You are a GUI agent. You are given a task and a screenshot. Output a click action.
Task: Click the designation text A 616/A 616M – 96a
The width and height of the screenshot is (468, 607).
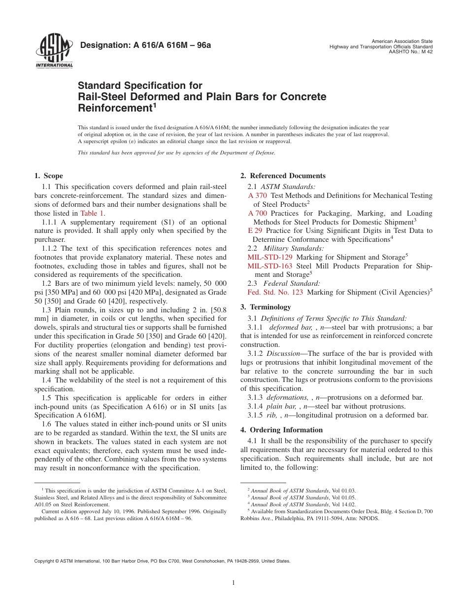click(x=145, y=46)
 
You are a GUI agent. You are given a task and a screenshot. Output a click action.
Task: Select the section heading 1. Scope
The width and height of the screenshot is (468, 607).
click(x=49, y=176)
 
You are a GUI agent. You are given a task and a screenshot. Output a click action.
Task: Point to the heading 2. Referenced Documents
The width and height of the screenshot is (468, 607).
click(x=283, y=176)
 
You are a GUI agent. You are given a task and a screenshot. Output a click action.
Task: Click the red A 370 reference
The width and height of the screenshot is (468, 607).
click(x=258, y=195)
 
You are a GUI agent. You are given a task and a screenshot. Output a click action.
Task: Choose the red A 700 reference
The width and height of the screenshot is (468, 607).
click(x=258, y=213)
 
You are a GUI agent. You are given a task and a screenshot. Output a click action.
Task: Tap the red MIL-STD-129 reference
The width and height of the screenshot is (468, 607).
click(x=270, y=257)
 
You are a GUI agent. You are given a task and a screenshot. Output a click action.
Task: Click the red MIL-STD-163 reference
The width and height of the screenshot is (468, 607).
click(x=270, y=266)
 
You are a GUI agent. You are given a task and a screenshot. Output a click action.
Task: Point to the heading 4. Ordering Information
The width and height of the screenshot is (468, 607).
click(x=281, y=430)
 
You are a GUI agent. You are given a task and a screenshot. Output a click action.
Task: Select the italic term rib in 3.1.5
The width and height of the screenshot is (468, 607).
click(x=272, y=415)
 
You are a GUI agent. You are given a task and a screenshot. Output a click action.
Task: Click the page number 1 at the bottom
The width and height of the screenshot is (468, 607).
click(x=234, y=582)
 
